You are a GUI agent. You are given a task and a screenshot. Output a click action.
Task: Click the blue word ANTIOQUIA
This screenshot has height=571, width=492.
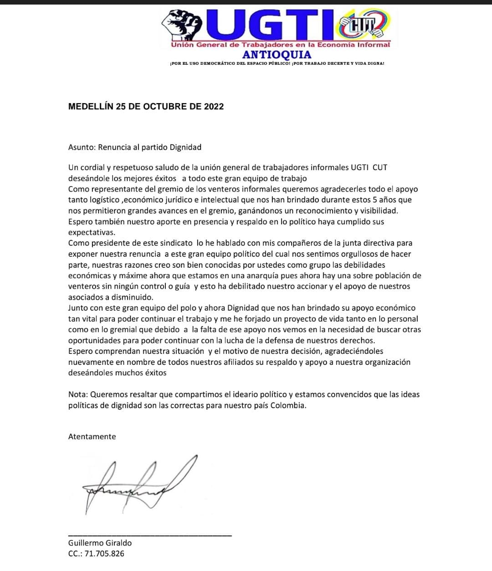[x=277, y=55]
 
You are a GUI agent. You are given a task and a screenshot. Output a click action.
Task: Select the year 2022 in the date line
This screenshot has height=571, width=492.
[x=214, y=107]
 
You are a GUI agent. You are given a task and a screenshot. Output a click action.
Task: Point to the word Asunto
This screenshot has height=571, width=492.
[x=82, y=147]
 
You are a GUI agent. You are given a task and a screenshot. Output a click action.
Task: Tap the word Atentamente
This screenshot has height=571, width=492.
[x=92, y=436]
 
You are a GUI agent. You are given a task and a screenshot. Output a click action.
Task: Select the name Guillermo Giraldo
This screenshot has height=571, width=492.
[x=100, y=543]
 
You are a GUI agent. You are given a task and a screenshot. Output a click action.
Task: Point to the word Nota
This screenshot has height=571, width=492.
[x=77, y=395]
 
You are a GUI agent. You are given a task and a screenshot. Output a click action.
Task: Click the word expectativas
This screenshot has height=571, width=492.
[x=91, y=233]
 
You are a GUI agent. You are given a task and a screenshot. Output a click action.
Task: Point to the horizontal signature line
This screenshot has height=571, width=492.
[x=150, y=535]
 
